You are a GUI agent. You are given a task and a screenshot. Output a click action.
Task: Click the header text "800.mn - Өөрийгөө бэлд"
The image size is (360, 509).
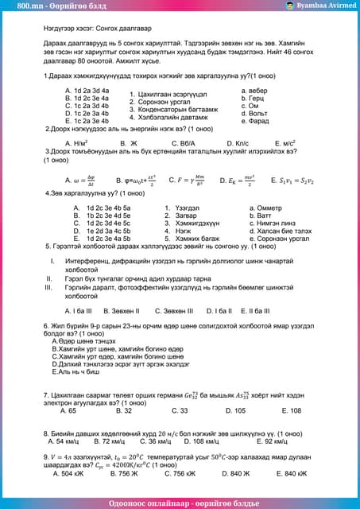point(52,6)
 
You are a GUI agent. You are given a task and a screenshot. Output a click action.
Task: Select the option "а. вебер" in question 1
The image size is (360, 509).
point(254,91)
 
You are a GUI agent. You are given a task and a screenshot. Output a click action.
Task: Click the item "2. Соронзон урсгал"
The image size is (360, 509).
point(160,102)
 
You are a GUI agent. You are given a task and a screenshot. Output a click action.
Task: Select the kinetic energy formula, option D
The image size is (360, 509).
point(238,181)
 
